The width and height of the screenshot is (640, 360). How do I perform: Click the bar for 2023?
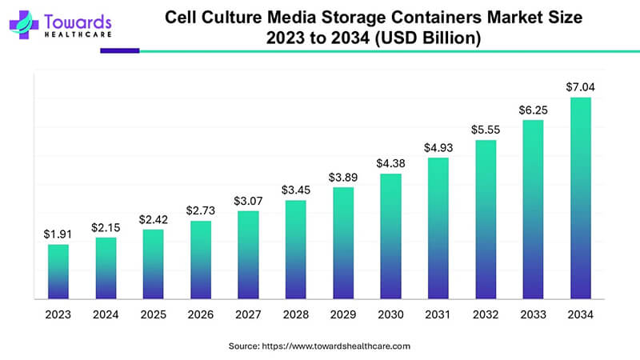(58, 272)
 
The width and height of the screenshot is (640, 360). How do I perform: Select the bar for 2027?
(248, 255)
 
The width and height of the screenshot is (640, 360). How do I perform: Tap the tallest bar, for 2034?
(580, 198)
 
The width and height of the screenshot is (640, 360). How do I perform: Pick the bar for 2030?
(390, 237)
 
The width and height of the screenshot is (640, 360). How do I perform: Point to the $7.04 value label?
(580, 87)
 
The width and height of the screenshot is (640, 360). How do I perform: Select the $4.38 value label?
(390, 164)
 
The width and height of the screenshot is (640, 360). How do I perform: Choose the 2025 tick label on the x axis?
(154, 316)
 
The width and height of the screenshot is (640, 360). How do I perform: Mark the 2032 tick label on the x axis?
(486, 316)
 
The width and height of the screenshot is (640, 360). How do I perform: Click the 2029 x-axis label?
(343, 316)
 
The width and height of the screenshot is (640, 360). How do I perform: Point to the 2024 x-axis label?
(106, 316)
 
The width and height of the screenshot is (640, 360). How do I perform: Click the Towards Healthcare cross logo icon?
(23, 24)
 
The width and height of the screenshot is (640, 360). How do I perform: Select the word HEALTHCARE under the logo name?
(70, 34)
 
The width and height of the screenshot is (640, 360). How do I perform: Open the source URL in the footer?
(336, 346)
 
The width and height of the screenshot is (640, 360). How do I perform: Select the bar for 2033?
(533, 210)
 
